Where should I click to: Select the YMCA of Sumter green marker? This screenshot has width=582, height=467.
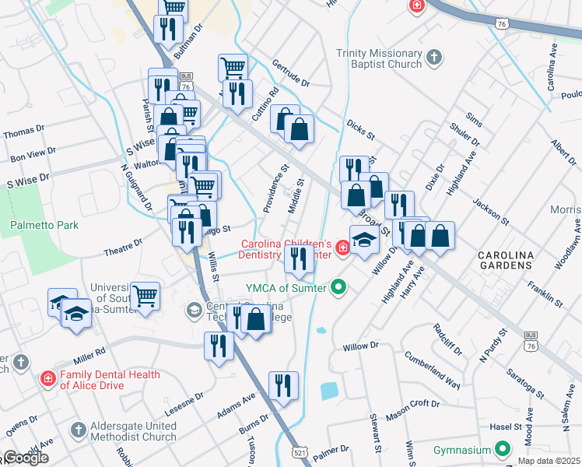[x=338, y=287]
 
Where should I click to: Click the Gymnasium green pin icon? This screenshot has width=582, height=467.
[x=503, y=450]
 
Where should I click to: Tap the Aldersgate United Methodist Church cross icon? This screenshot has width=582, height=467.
[x=78, y=429]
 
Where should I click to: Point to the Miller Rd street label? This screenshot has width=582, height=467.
[x=89, y=356]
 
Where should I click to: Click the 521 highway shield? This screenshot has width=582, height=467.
[x=300, y=451]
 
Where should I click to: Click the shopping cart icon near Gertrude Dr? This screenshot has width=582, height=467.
[x=233, y=68]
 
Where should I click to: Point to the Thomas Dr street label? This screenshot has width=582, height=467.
[x=20, y=132]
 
